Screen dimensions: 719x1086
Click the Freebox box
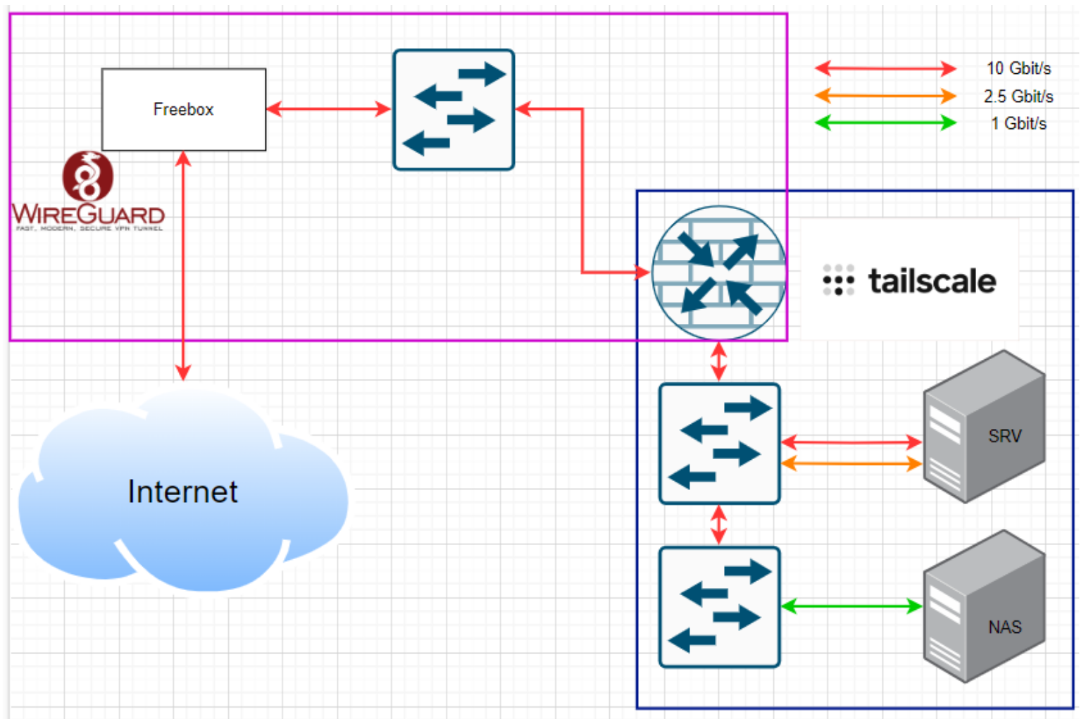pyautogui.click(x=183, y=109)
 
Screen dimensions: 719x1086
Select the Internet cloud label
pyautogui.click(x=182, y=492)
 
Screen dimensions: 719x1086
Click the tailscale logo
pyautogui.click(x=909, y=281)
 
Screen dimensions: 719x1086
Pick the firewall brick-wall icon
pyautogui.click(x=718, y=273)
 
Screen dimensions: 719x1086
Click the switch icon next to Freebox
pyautogui.click(x=454, y=109)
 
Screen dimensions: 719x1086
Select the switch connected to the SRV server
pyautogui.click(x=719, y=443)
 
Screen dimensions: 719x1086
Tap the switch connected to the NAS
pyautogui.click(x=719, y=606)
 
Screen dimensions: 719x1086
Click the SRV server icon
pyautogui.click(x=984, y=427)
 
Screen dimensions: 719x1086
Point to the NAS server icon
pyautogui.click(x=984, y=606)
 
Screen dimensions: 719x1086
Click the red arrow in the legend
pyautogui.click(x=885, y=68)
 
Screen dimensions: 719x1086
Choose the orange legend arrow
pyautogui.click(x=885, y=95)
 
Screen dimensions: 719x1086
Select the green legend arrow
pyautogui.click(x=885, y=123)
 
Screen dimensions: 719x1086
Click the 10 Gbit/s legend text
pyautogui.click(x=1018, y=68)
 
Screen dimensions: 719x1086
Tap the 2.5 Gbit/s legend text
pyautogui.click(x=1018, y=96)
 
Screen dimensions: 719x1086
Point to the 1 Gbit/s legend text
pyautogui.click(x=1018, y=123)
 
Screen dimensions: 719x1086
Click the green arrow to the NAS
pyautogui.click(x=851, y=606)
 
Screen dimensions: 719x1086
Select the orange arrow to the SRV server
pyautogui.click(x=851, y=463)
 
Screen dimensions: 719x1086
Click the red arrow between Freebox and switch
pyautogui.click(x=329, y=109)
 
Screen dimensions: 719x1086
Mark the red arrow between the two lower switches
pyautogui.click(x=718, y=525)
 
